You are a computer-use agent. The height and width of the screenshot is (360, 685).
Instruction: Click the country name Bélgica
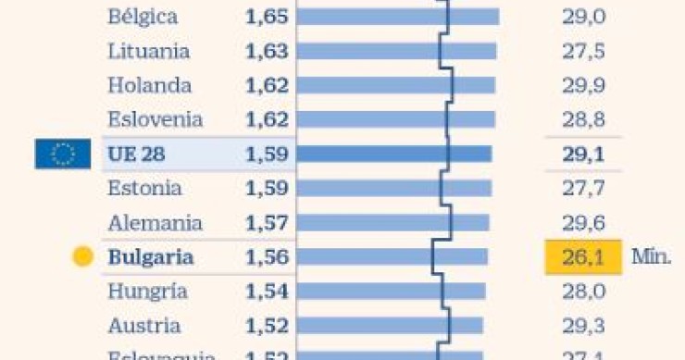coord(143,17)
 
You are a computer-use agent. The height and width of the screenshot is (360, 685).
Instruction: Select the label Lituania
coord(148,51)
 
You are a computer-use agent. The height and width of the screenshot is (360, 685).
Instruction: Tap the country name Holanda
coord(149,85)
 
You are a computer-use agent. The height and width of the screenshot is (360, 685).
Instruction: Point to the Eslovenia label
coord(155,119)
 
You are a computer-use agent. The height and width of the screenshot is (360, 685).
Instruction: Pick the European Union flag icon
coord(63,154)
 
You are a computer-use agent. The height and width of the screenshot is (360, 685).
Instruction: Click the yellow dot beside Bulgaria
coord(83,257)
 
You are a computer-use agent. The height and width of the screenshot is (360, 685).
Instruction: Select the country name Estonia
coord(144,189)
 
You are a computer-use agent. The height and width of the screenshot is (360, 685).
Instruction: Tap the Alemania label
coord(155,223)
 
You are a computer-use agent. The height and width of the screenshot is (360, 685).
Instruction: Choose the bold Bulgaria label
coord(151,257)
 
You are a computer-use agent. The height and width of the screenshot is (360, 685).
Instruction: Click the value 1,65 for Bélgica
coord(267,17)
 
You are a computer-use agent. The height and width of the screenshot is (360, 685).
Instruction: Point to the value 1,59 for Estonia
coord(267,189)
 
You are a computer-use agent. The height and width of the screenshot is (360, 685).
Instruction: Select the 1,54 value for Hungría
coord(267,292)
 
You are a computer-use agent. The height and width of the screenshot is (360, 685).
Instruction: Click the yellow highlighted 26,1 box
coord(583,257)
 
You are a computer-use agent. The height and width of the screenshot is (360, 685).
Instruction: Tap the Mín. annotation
coord(651,257)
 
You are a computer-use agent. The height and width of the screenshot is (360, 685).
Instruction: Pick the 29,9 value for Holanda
coord(583,85)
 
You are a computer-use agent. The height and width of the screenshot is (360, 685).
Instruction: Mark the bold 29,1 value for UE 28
coord(583,154)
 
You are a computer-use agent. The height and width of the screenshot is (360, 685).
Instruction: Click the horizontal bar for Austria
coord(390,326)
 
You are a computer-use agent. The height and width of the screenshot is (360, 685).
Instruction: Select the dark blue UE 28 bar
coord(394,154)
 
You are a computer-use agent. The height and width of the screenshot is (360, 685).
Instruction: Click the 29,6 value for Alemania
coord(583,223)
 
